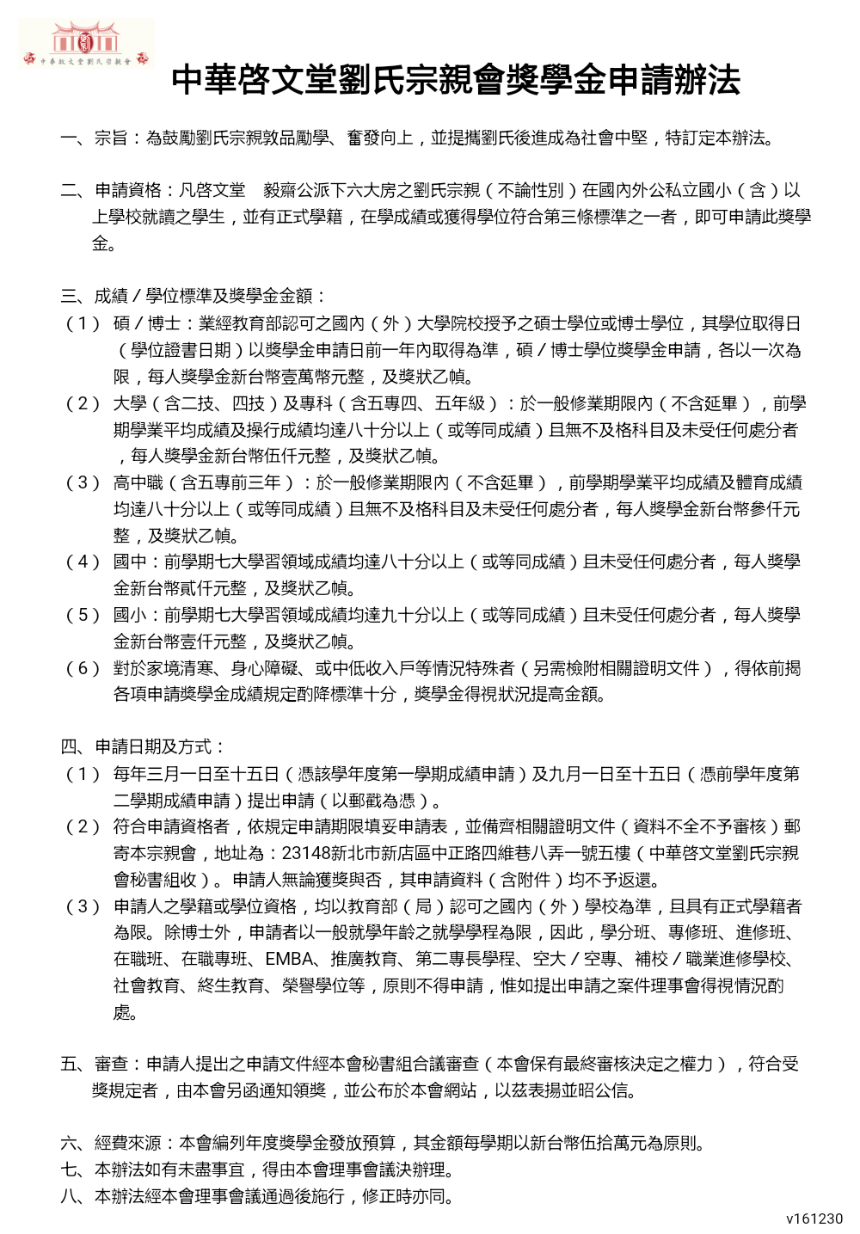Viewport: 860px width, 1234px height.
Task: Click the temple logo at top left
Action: pos(85,43)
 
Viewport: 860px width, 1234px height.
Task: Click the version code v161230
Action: pos(814,1219)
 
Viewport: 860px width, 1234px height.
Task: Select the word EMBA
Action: pos(289,959)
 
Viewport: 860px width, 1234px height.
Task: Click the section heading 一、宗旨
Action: pos(95,138)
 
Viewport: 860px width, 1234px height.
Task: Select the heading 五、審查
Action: pos(95,1064)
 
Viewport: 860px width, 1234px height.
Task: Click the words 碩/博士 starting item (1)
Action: pos(146,323)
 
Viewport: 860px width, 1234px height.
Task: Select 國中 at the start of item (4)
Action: pos(130,562)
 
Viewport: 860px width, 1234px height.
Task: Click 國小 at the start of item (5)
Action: pos(130,615)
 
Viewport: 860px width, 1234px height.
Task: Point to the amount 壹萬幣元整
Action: pos(306,377)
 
